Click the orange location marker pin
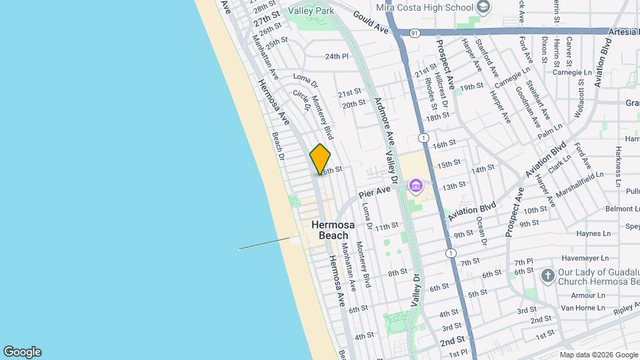[320, 159]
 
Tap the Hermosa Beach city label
[330, 230]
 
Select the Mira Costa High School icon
[484, 7]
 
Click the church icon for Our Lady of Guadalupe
[548, 276]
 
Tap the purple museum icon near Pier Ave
[416, 185]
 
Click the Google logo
[22, 351]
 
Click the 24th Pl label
[337, 57]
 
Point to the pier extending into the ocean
[267, 243]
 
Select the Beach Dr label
[277, 147]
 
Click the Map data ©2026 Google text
[599, 354]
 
